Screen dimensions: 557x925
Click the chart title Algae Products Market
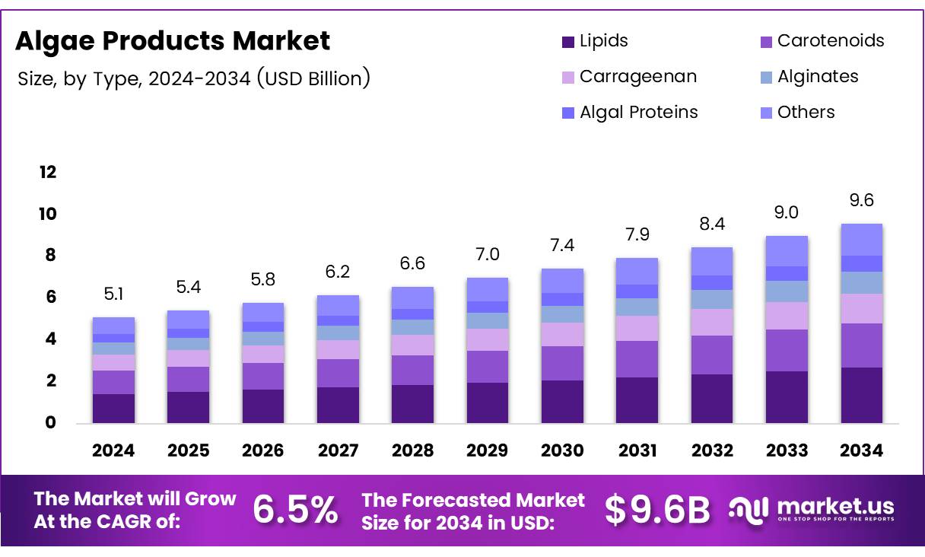point(173,41)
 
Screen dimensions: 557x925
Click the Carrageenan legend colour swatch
point(568,78)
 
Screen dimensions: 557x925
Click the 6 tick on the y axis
point(50,298)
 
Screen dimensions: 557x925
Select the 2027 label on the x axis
point(338,450)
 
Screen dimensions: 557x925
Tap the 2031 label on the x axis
point(637,450)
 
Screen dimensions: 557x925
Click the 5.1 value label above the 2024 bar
point(113,294)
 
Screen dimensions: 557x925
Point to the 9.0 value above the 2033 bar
point(787,213)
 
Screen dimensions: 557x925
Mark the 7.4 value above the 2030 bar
point(561,246)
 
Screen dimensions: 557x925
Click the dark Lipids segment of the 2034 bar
point(861,395)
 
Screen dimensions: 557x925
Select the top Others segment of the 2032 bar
point(711,261)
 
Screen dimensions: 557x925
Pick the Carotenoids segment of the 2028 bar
point(412,370)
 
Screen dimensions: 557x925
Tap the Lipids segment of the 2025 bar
point(188,407)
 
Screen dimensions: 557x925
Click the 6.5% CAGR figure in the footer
point(295,511)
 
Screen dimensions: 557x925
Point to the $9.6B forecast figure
point(657,511)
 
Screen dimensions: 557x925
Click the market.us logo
point(811,509)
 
